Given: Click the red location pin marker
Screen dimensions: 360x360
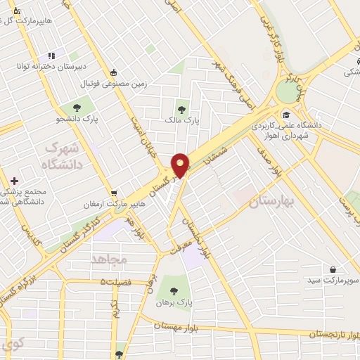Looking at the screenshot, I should (181, 165).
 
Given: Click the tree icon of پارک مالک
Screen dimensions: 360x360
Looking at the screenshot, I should (182, 109).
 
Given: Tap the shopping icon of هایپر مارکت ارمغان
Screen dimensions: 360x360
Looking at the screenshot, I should (113, 193).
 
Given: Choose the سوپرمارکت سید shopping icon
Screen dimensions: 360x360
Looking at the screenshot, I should (333, 269).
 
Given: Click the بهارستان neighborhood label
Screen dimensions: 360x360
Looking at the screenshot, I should (274, 203).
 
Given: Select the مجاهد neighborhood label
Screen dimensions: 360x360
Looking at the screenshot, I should (108, 259).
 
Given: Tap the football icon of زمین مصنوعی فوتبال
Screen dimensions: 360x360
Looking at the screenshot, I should (113, 72).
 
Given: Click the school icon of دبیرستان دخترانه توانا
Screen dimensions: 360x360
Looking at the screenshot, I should (51, 56).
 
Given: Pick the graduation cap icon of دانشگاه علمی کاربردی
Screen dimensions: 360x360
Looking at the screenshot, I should (286, 115).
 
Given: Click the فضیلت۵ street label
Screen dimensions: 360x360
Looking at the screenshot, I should (115, 282).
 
